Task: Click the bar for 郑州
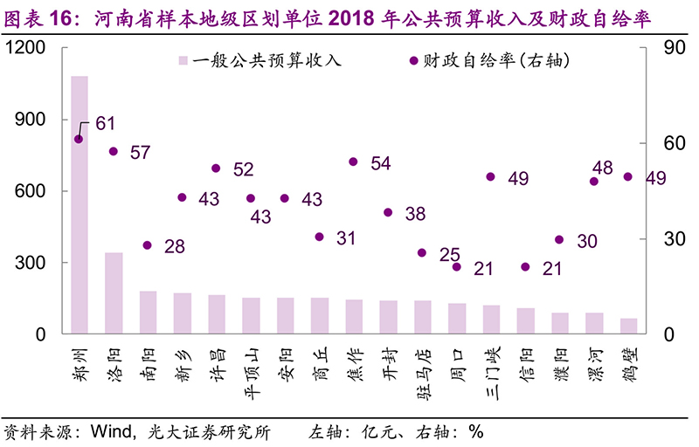(x=80, y=205)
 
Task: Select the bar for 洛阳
(x=114, y=293)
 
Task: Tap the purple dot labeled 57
(x=114, y=151)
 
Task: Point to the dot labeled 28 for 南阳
(x=148, y=245)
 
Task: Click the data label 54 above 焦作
(x=380, y=163)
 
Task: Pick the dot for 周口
(x=456, y=266)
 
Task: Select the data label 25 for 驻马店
(x=449, y=255)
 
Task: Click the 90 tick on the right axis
(x=663, y=49)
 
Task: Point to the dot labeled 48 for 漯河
(x=593, y=181)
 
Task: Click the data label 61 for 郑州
(x=106, y=124)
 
